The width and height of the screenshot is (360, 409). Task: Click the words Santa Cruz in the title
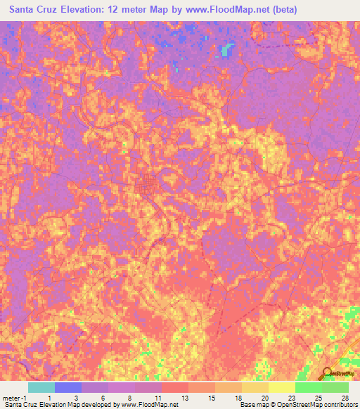31,10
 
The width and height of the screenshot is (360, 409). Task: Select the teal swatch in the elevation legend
41,387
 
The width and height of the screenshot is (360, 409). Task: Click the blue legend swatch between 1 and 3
68,387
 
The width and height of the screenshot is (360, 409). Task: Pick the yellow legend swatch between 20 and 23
281,387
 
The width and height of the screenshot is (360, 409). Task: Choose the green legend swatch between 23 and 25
308,387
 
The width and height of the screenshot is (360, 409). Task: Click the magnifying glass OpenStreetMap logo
328,374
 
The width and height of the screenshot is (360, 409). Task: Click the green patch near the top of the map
226,49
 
